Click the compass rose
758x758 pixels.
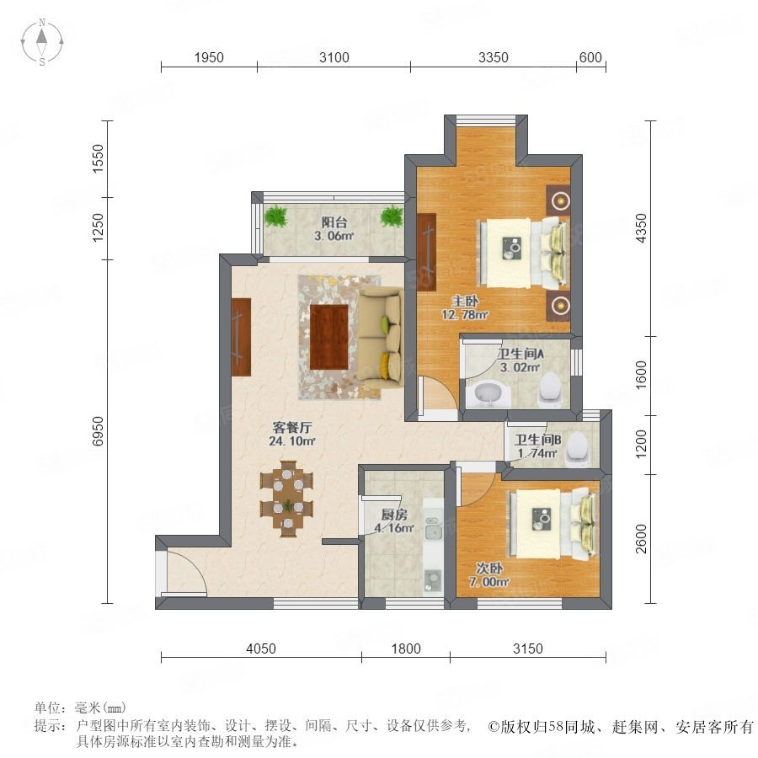[x=42, y=42]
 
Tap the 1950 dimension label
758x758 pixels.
[x=209, y=57]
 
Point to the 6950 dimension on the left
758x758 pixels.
[x=98, y=431]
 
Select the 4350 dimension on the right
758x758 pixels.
[x=641, y=228]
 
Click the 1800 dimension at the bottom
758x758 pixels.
[x=406, y=649]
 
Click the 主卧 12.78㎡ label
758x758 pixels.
[x=465, y=308]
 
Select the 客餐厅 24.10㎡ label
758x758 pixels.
[x=292, y=434]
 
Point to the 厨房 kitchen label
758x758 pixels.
[x=394, y=521]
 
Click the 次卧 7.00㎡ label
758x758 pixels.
[x=488, y=575]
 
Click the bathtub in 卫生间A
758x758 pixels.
[x=488, y=394]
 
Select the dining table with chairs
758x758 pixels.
[x=287, y=499]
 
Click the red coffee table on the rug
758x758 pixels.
[x=329, y=337]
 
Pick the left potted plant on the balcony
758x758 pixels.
[x=276, y=216]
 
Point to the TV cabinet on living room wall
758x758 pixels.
[x=241, y=337]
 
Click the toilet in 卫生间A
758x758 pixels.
[x=551, y=390]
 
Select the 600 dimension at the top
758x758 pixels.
[x=590, y=57]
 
